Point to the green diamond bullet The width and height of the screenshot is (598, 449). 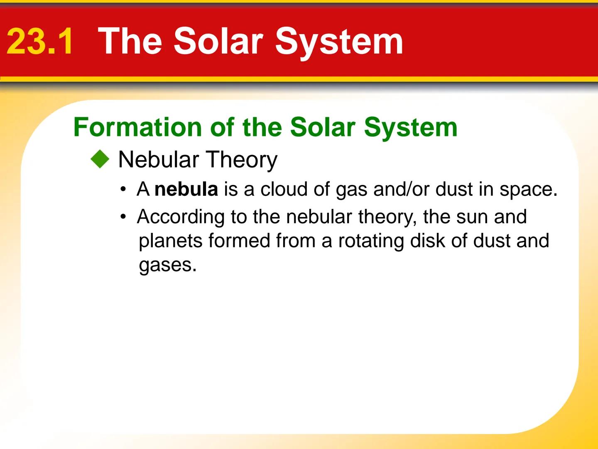[100, 160]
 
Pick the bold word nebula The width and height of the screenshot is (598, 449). [186, 190]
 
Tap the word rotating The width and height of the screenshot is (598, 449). [371, 241]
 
